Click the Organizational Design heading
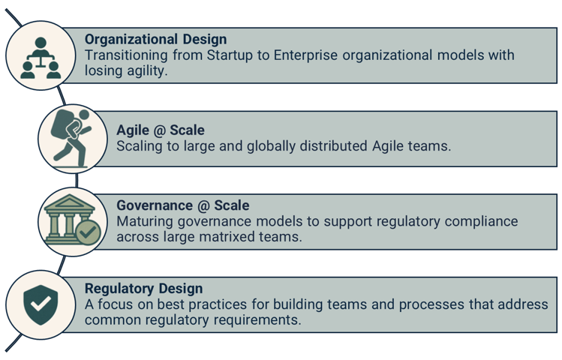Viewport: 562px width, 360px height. pos(155,40)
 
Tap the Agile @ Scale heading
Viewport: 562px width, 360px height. pos(161,130)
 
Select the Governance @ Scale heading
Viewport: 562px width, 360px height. pos(183,205)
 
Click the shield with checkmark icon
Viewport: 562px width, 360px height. pos(40,302)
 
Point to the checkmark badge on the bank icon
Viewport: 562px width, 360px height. pos(87,232)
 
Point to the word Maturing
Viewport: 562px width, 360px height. pos(146,221)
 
